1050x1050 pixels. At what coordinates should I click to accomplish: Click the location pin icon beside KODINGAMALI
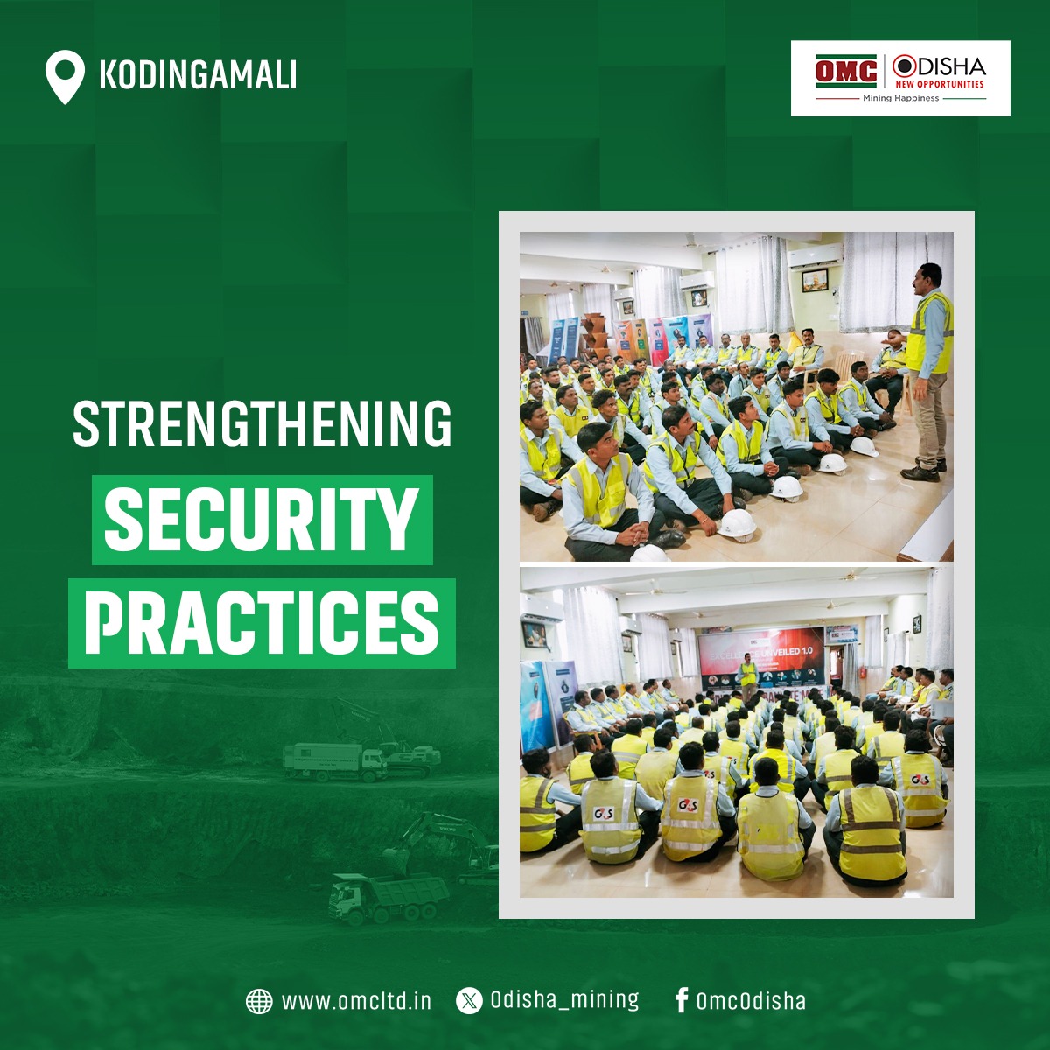65,76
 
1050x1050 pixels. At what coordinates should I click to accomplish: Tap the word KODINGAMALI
198,75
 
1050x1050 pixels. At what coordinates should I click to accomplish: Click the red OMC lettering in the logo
846,71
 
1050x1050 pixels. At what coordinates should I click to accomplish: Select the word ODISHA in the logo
940,66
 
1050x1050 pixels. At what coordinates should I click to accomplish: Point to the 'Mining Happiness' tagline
900,99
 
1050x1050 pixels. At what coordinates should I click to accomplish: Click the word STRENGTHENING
262,425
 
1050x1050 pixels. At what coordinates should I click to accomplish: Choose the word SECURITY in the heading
261,520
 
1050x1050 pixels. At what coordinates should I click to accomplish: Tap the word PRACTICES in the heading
262,622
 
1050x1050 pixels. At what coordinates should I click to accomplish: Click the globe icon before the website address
259,1001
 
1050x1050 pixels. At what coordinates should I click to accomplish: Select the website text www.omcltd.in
356,1001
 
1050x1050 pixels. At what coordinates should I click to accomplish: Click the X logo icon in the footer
469,1001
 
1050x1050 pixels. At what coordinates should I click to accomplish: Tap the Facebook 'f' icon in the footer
682,1000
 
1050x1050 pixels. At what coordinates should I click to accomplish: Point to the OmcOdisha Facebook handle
751,1001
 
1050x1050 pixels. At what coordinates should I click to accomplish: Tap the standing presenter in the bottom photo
747,675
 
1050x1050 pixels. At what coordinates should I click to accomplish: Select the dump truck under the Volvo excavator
385,896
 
